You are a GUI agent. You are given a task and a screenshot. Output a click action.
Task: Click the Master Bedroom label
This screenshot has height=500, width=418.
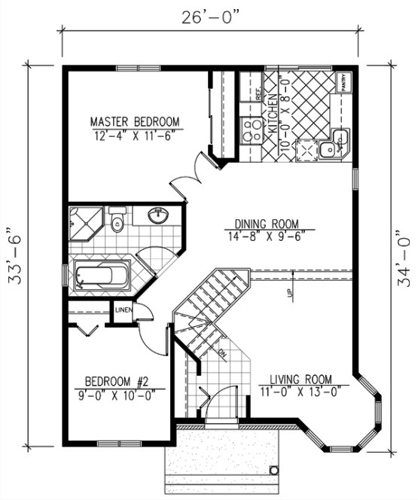tap(136, 121)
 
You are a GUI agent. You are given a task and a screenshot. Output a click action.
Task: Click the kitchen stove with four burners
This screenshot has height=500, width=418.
tap(247, 130)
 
